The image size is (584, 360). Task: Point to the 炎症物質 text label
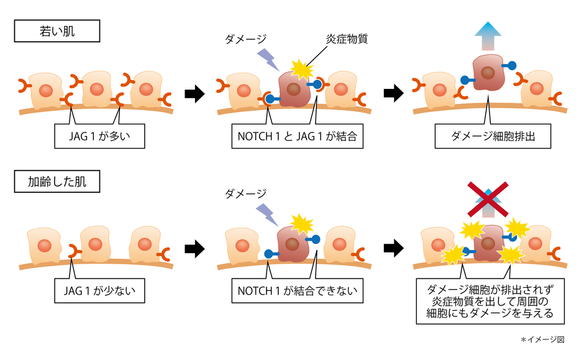pyautogui.click(x=347, y=39)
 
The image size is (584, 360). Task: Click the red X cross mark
pyautogui.click(x=488, y=199)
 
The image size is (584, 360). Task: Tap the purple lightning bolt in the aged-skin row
pyautogui.click(x=268, y=214)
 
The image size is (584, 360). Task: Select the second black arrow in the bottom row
pyautogui.click(x=393, y=249)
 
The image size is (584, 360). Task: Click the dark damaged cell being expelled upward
pyautogui.click(x=488, y=73)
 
